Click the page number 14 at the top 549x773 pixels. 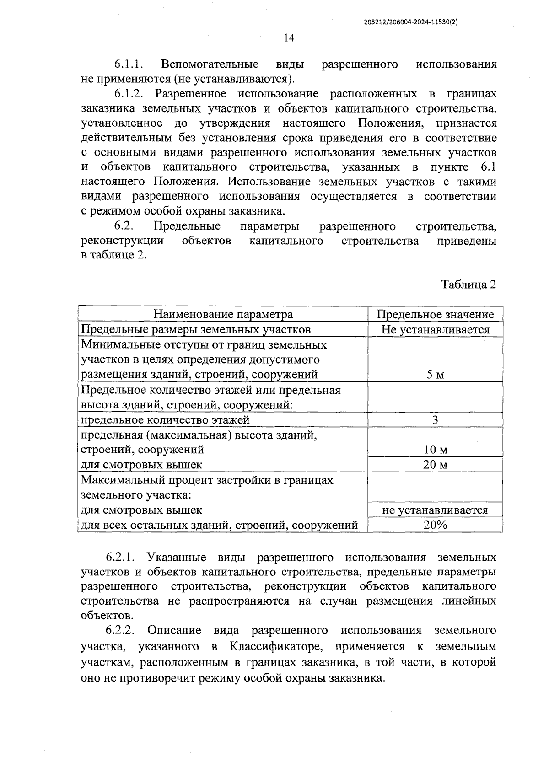tap(289, 38)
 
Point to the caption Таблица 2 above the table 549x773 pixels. tap(468, 285)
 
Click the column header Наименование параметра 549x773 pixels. tap(223, 314)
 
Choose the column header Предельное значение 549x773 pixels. tap(435, 314)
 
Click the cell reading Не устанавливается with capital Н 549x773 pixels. tap(435, 329)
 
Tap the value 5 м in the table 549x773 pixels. tap(435, 375)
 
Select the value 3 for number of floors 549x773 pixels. tap(435, 419)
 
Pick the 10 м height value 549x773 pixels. tap(435, 450)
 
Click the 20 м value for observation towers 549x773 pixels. tap(435, 465)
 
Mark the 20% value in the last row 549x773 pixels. tap(435, 525)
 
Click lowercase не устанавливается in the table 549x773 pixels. tap(435, 510)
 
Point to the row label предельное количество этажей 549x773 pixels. tap(165, 419)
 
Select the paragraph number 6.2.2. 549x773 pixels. tap(120, 631)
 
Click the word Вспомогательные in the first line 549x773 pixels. tap(210, 64)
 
